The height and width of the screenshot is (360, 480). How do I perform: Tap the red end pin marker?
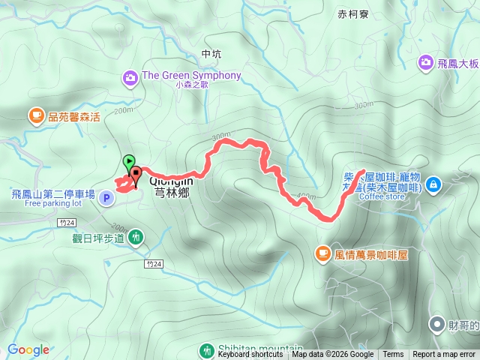(x=136, y=176)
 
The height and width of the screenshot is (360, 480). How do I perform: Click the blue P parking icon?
(x=106, y=198)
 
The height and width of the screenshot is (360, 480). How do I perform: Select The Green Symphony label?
(x=191, y=75)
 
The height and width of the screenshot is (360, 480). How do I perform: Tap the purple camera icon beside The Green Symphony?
(x=130, y=76)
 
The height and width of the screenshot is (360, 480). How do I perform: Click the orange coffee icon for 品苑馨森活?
(x=35, y=115)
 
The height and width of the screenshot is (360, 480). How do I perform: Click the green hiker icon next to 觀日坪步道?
(x=136, y=237)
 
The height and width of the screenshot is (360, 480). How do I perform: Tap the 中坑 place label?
(x=212, y=54)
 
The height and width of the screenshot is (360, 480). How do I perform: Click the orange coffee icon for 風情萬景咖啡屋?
(x=322, y=254)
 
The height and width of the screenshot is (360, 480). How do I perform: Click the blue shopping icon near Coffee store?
(x=436, y=184)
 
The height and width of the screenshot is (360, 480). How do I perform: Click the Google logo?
(x=28, y=349)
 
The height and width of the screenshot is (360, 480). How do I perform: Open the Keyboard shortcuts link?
(x=250, y=355)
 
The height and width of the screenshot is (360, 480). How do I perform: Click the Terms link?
(x=393, y=355)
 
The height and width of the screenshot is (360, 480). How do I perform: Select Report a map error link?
(x=444, y=355)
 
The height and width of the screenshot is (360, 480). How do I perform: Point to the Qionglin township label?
(x=171, y=186)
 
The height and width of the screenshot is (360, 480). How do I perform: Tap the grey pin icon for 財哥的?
(x=436, y=324)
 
